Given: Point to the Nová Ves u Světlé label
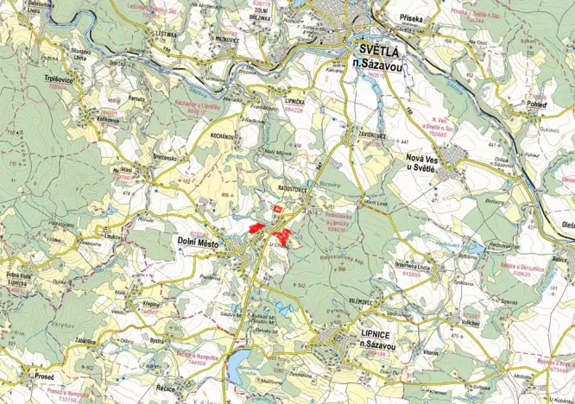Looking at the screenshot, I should click(429, 163).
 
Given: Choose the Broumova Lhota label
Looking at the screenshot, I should click(412, 268).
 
